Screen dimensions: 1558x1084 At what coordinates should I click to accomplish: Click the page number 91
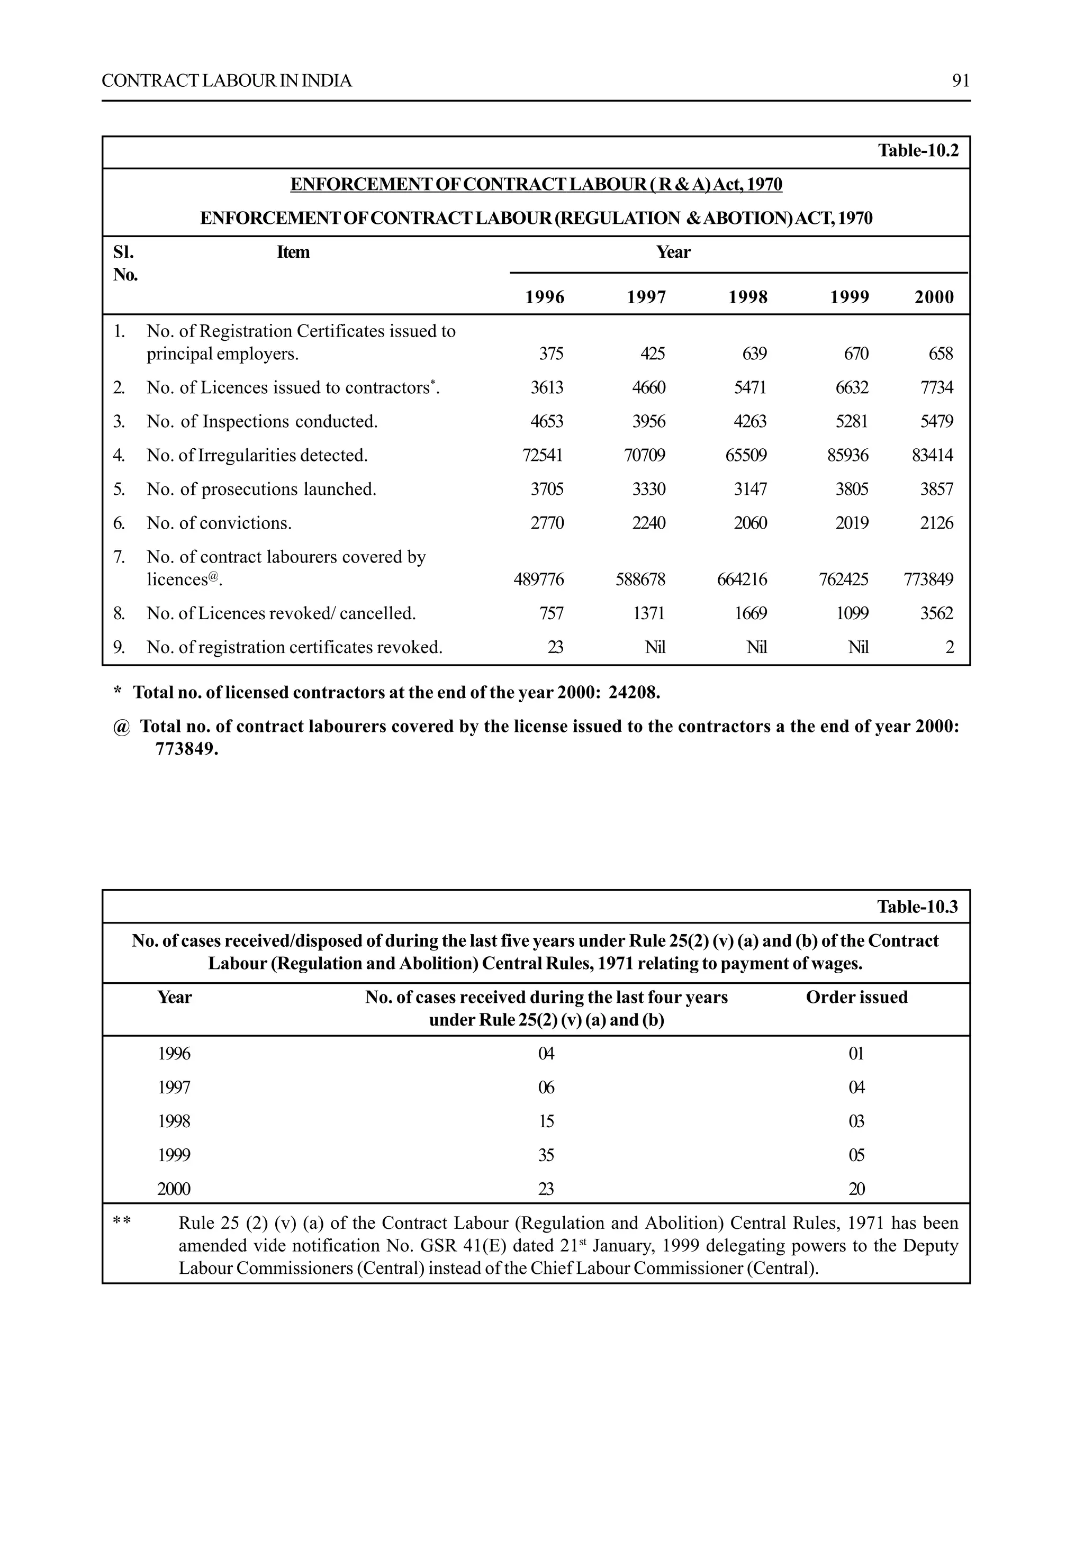click(960, 81)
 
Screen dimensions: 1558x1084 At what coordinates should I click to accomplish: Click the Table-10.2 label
click(918, 151)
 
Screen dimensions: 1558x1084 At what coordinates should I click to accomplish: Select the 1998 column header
click(747, 297)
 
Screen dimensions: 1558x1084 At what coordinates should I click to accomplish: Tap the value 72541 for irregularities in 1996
click(543, 455)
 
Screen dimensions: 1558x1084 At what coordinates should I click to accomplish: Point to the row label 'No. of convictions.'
click(219, 523)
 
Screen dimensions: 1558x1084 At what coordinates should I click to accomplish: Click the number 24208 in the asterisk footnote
click(633, 693)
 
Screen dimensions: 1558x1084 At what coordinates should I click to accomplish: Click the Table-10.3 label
click(917, 907)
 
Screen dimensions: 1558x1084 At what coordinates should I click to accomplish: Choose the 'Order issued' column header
click(856, 997)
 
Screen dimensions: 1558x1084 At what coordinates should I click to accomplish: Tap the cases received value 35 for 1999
click(546, 1155)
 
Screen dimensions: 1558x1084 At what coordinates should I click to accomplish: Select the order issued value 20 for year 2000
click(856, 1189)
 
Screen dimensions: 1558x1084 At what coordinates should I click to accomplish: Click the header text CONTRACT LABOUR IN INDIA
click(227, 81)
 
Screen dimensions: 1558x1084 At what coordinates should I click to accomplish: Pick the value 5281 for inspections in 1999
click(851, 421)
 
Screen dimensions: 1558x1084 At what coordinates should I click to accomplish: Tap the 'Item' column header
click(293, 252)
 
